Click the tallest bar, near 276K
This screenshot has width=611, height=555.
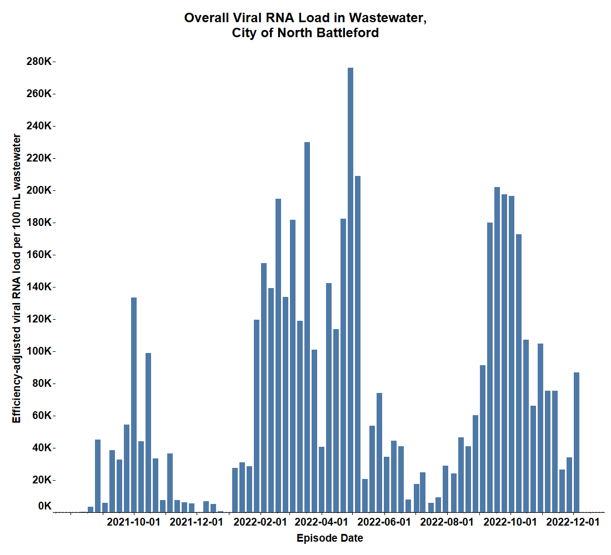[350, 289]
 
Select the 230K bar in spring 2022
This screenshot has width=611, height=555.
[307, 327]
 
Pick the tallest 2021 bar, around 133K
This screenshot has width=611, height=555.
[134, 405]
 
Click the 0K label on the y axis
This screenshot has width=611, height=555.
[44, 506]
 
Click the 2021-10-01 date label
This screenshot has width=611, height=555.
[133, 522]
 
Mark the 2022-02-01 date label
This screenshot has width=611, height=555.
[261, 522]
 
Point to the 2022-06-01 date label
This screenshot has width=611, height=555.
[384, 522]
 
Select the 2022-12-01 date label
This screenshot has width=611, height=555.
[573, 522]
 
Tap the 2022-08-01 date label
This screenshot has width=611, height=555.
[447, 522]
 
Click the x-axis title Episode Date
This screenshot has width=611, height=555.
[330, 538]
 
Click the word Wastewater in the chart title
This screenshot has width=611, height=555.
[388, 18]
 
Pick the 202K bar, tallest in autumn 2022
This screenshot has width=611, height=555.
[497, 350]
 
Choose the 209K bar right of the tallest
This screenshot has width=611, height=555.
[358, 344]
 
